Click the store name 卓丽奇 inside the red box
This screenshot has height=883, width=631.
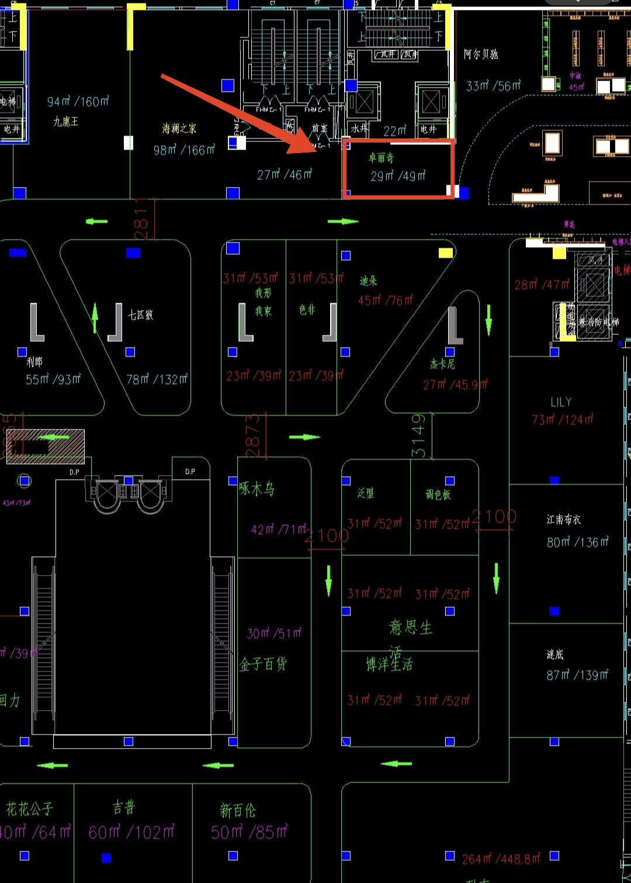(x=381, y=158)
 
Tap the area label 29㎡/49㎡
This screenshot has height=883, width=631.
(x=398, y=175)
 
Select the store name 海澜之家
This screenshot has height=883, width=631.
(x=179, y=129)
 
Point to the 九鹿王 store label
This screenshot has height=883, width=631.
(x=66, y=122)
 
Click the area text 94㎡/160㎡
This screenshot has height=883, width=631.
(x=78, y=102)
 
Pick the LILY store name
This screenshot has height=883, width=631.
(x=561, y=402)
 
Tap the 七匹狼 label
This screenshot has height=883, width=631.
(x=141, y=315)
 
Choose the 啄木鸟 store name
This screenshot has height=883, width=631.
(x=256, y=489)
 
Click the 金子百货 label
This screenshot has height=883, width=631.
(x=263, y=664)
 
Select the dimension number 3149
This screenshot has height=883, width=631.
(x=418, y=436)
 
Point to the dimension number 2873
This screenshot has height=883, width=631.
(x=252, y=436)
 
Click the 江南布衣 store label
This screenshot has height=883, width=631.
(x=564, y=520)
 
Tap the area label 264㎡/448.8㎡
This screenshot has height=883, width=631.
(x=501, y=858)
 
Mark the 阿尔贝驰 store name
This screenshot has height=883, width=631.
(x=481, y=54)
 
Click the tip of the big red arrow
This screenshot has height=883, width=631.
(x=316, y=150)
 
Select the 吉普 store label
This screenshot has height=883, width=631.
(x=124, y=808)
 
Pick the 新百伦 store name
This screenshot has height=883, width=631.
(x=238, y=811)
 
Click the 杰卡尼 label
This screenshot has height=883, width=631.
(x=442, y=364)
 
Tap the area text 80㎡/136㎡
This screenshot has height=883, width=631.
(x=577, y=542)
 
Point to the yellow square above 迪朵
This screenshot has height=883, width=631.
(x=446, y=253)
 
